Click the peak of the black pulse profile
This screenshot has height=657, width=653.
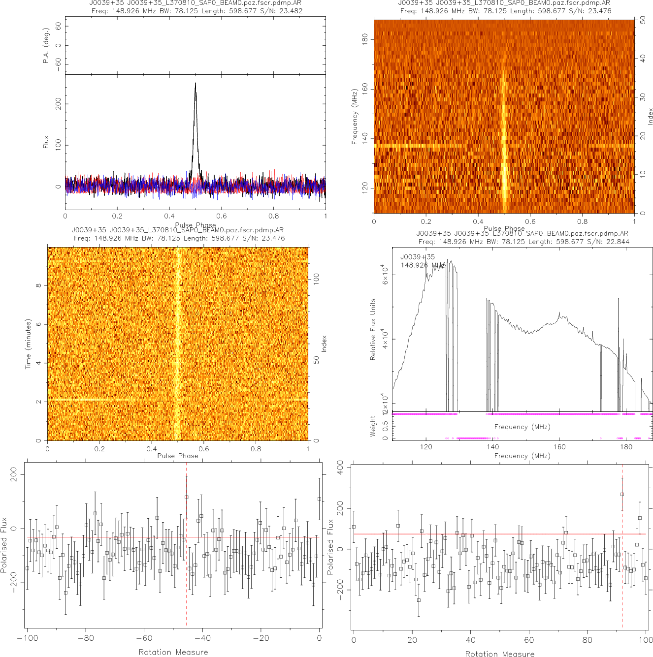196,83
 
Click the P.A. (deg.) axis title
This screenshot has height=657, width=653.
46,46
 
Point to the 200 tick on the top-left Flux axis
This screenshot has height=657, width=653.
59,103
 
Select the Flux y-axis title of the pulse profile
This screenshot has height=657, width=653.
46,142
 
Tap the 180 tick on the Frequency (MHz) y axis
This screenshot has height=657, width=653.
365,39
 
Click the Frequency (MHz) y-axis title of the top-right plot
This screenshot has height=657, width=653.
354,117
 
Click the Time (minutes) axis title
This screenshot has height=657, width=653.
28,344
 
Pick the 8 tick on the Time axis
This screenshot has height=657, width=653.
38,285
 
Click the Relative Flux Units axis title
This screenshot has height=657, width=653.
373,329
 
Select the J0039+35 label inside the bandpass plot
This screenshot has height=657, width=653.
418,257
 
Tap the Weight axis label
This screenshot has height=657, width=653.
373,426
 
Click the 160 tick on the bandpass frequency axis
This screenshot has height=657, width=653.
559,447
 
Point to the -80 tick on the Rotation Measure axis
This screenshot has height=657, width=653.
85,638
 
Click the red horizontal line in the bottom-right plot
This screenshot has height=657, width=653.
492,534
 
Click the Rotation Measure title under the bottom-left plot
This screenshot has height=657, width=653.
173,652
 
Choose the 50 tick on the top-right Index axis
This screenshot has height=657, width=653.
643,21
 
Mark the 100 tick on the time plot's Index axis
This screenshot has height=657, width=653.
316,279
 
